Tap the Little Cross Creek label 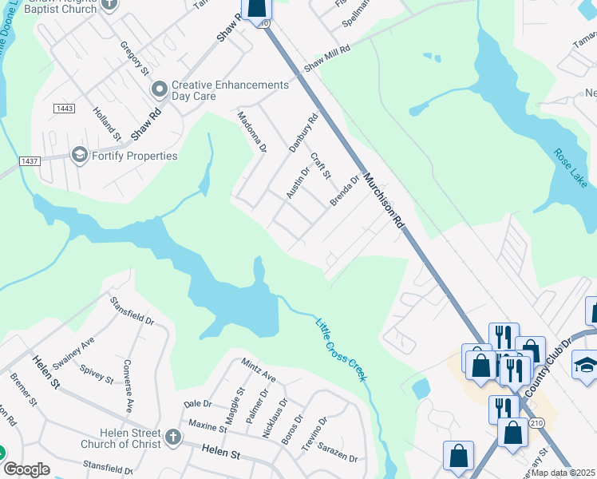click(341, 350)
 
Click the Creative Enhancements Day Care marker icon click(160, 89)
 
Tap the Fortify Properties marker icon click(79, 155)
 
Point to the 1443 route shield click(65, 108)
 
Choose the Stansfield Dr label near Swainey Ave click(132, 308)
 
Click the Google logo click(26, 469)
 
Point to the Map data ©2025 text click(563, 473)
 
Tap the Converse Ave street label click(128, 386)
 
